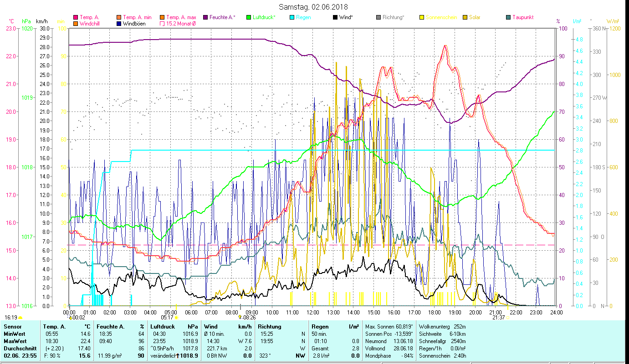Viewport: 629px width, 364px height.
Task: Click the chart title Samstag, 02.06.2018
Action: [x=314, y=7]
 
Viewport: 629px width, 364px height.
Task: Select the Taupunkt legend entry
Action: [x=522, y=17]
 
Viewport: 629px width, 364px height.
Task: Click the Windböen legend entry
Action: [x=134, y=23]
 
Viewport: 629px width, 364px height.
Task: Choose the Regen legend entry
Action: [x=303, y=17]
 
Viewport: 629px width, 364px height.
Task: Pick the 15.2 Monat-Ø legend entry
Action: [x=181, y=23]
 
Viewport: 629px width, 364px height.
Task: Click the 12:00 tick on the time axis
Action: [x=313, y=313]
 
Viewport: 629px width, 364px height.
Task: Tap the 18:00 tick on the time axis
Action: [x=435, y=313]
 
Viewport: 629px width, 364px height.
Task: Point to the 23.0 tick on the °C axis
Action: [x=10, y=28]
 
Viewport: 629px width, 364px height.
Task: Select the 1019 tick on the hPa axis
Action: [x=27, y=98]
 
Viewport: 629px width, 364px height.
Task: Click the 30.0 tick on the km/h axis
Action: [x=45, y=28]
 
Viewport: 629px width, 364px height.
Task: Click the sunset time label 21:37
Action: [x=498, y=318]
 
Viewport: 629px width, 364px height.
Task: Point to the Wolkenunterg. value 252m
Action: [x=460, y=327]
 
